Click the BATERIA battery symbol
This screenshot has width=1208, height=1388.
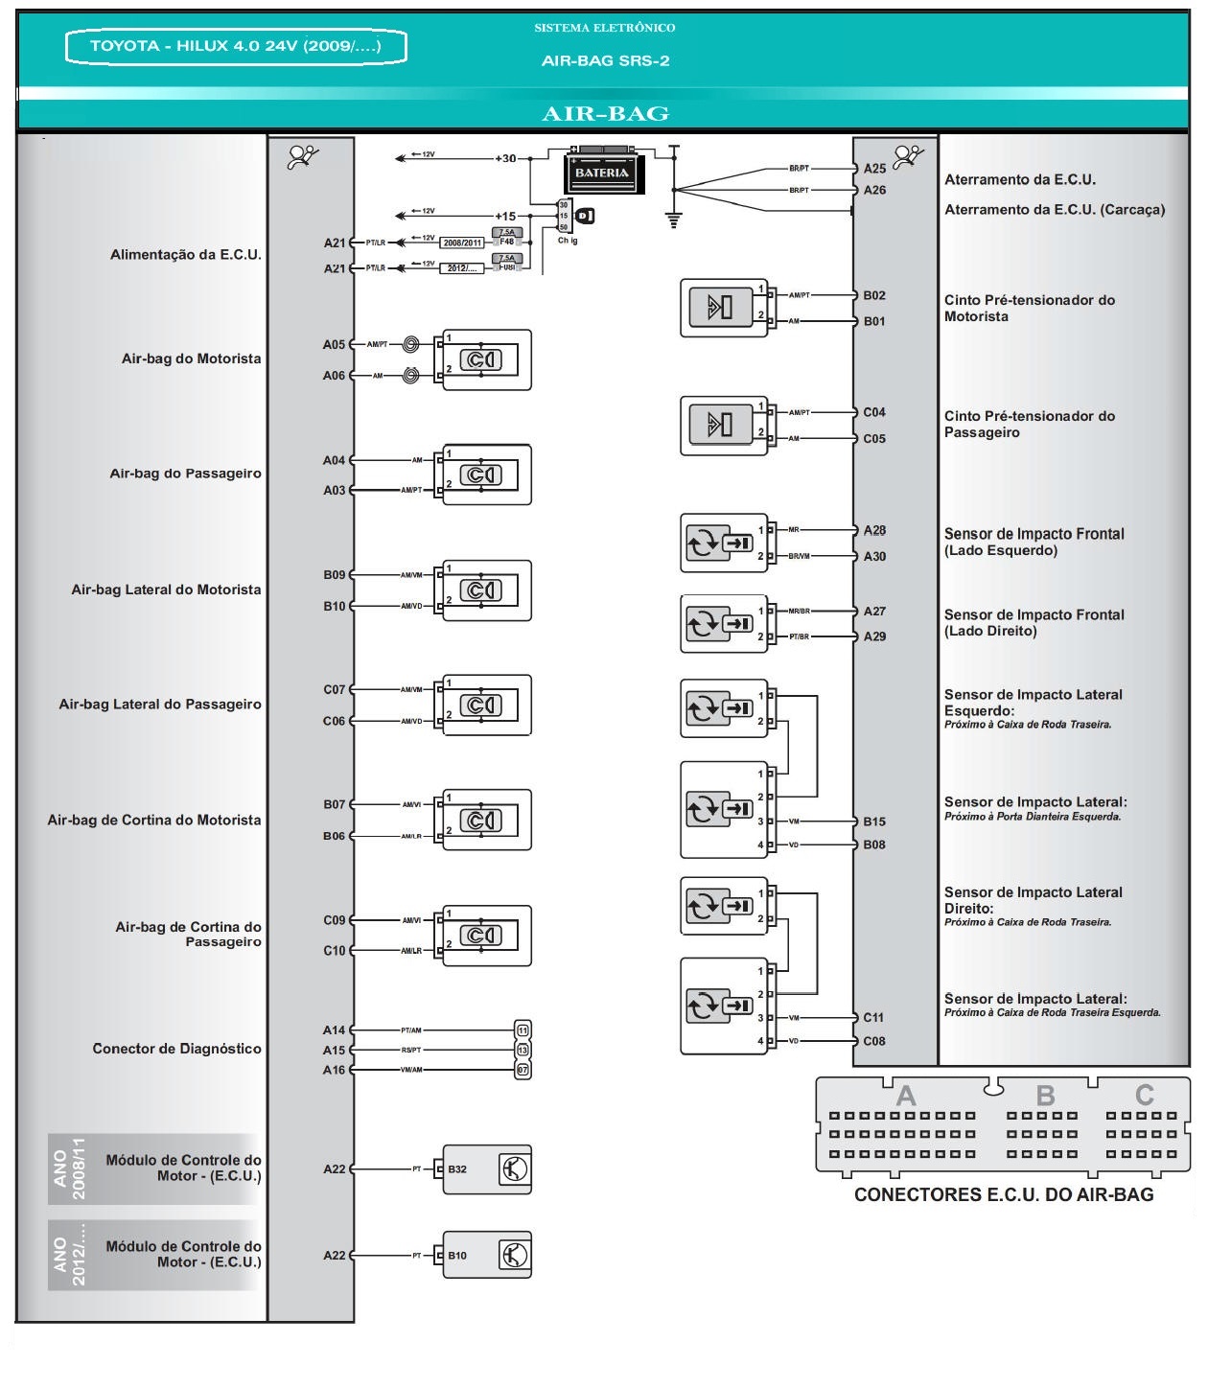click(602, 173)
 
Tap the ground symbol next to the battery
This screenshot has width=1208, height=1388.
click(674, 220)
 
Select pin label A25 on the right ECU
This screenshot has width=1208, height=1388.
click(874, 169)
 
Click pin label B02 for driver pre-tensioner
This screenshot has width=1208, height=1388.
click(873, 296)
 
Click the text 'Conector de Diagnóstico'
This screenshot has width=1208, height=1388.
click(176, 1049)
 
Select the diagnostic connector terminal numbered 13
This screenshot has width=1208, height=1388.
click(523, 1051)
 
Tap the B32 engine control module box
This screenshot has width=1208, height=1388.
click(486, 1169)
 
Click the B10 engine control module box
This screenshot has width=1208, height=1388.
click(486, 1256)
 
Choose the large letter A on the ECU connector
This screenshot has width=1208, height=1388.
click(905, 1096)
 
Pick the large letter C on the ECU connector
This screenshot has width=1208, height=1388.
click(1144, 1096)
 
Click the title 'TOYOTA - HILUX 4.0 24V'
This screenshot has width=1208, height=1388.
click(236, 46)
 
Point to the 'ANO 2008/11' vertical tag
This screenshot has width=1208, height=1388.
click(70, 1168)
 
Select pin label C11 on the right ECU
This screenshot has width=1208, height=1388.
click(873, 1018)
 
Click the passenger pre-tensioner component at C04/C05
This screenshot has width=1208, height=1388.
click(723, 425)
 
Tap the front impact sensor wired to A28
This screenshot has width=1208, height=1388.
click(723, 543)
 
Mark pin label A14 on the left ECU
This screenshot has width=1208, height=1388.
click(334, 1030)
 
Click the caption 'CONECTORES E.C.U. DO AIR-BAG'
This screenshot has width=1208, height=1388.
click(1004, 1195)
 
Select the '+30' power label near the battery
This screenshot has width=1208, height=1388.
click(505, 159)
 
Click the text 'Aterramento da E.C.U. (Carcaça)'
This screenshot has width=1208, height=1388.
click(1055, 210)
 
